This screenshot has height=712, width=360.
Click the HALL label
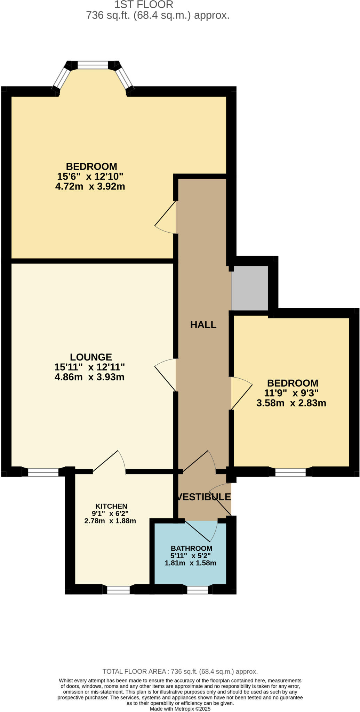pos(203,325)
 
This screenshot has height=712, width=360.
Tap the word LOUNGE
pos(91,357)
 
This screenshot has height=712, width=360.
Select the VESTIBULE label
pos(204,497)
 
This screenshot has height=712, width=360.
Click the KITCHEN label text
pos(111,506)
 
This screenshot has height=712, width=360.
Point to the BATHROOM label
pos(191,548)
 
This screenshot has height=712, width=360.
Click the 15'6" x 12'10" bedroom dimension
pos(90,176)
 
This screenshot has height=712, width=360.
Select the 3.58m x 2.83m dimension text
pos(291,403)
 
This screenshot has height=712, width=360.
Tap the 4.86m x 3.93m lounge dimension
pos(89,377)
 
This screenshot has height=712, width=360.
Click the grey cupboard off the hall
pos(250,288)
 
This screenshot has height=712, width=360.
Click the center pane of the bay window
pos(93,65)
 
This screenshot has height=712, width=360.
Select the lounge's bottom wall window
pos(43,472)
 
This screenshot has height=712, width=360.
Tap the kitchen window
pos(118,590)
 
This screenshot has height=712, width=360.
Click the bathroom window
pos(198,590)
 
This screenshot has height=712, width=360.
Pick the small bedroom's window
pos(290,472)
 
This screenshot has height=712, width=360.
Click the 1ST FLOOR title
pos(144,5)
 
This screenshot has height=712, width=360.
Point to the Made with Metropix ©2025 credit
pos(180,709)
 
